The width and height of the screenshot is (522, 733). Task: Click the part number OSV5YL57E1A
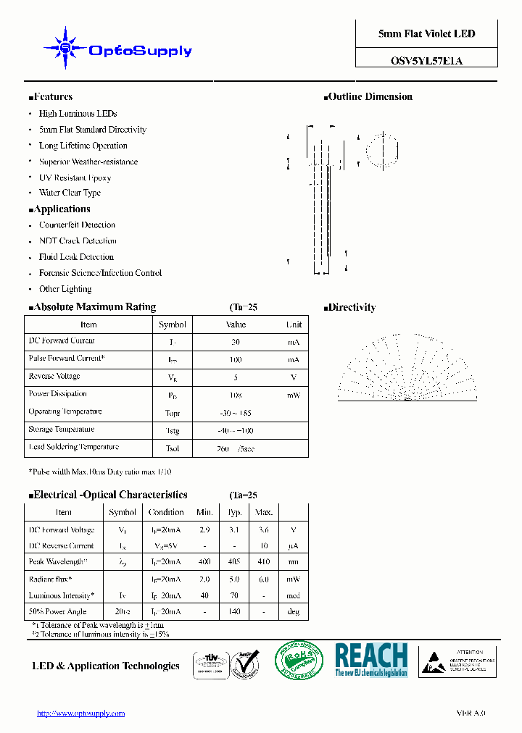click(x=426, y=61)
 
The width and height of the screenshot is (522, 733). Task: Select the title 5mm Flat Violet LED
click(x=426, y=34)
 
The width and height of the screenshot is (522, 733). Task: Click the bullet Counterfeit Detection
click(x=77, y=225)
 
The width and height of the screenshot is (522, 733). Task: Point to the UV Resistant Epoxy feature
click(x=75, y=177)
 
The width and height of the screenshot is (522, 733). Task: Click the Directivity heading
click(x=352, y=308)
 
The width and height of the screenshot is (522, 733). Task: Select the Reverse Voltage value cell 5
click(x=236, y=377)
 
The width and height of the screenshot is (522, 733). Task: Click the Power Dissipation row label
click(x=57, y=394)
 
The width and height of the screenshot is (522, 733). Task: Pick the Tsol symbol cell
click(x=173, y=448)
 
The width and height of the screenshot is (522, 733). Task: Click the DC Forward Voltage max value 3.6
click(x=264, y=530)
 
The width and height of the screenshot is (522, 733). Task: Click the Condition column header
click(x=166, y=512)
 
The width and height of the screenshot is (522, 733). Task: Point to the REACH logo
click(x=371, y=660)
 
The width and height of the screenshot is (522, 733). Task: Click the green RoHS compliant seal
click(x=299, y=661)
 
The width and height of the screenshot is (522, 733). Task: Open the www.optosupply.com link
click(x=81, y=713)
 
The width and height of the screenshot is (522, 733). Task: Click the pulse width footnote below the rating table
click(x=100, y=472)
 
